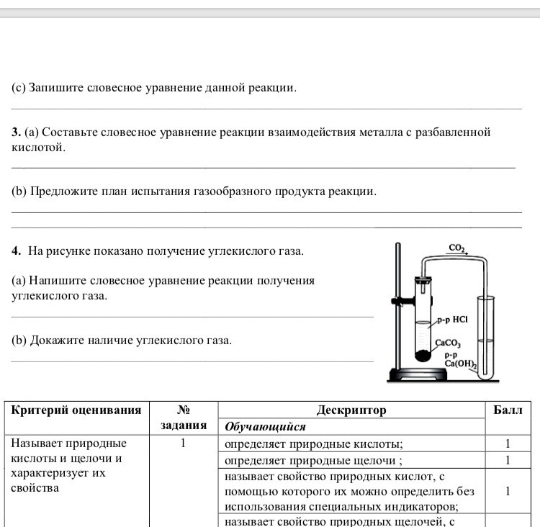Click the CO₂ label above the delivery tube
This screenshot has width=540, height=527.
457,248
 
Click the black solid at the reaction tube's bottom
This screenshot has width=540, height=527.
422,354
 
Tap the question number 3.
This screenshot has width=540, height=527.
16,132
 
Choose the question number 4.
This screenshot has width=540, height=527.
16,251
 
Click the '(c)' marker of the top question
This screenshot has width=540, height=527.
19,88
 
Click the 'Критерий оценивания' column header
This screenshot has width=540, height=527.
76,410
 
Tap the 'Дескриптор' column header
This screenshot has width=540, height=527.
351,410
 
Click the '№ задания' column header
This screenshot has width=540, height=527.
183,418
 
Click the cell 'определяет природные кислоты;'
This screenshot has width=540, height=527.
313,443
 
